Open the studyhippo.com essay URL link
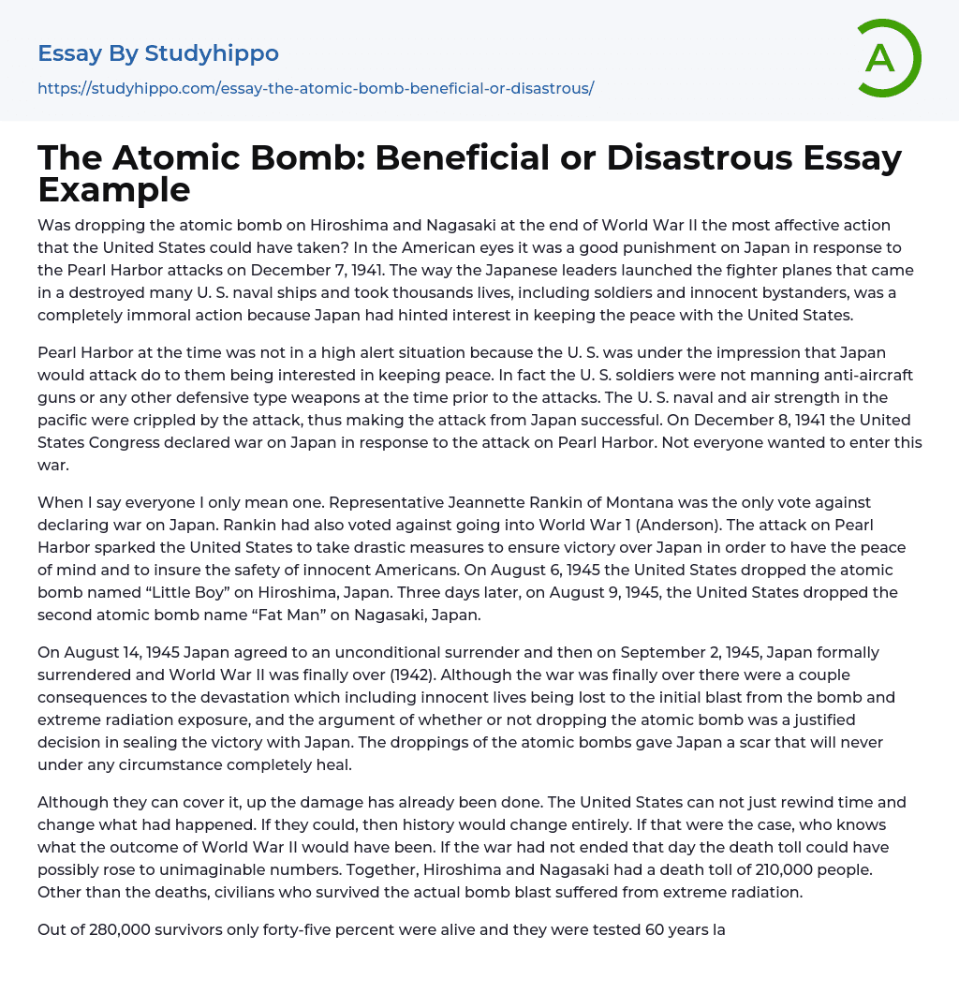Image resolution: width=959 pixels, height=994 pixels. click(316, 89)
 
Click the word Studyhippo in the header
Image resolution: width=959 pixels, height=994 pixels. click(212, 53)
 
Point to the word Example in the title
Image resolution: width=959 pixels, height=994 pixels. click(114, 189)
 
